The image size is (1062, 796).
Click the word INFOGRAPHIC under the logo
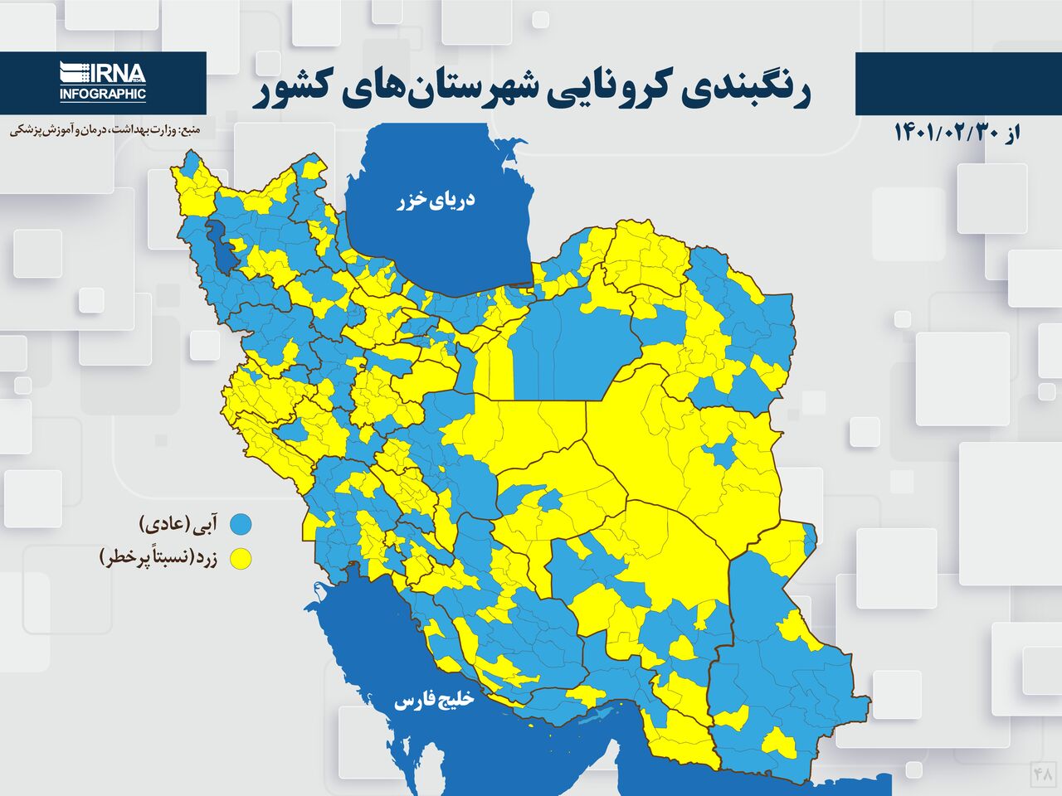click(x=103, y=95)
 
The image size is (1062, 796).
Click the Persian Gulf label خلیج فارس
click(x=433, y=701)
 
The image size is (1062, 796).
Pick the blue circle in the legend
click(x=241, y=524)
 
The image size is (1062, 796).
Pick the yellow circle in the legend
click(x=241, y=559)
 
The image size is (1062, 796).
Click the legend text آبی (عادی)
click(x=181, y=524)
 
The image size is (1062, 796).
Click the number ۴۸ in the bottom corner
click(x=1043, y=774)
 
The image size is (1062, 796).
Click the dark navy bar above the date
click(x=958, y=83)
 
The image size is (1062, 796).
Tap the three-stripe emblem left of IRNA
click(x=72, y=73)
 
